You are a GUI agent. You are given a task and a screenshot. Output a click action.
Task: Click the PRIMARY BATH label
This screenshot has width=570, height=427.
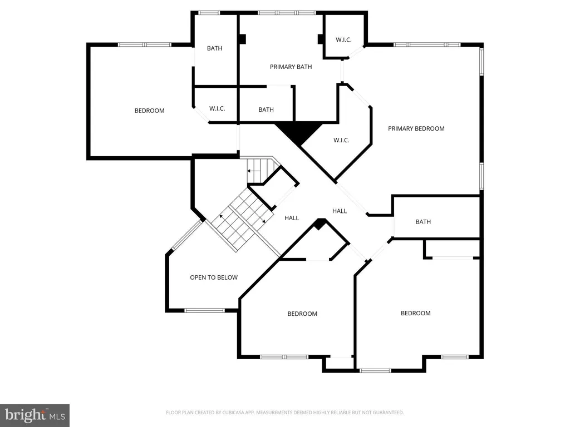(291, 67)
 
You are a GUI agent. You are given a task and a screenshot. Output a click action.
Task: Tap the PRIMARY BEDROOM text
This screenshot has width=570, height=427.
(416, 128)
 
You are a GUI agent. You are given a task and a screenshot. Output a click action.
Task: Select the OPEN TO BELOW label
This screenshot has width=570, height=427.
(214, 277)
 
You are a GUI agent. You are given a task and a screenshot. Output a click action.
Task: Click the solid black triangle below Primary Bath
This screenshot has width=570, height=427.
(298, 133)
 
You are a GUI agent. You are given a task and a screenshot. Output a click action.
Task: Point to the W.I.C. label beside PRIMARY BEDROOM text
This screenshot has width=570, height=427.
(341, 140)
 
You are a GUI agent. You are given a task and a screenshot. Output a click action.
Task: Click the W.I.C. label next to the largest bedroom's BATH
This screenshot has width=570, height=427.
(217, 108)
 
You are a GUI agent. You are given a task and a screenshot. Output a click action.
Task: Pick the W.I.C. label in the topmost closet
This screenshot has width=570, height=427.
(343, 40)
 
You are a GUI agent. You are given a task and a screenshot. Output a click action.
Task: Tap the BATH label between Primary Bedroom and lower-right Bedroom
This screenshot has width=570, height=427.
(423, 222)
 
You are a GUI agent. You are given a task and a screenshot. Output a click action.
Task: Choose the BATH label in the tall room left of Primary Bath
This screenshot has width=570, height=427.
(214, 48)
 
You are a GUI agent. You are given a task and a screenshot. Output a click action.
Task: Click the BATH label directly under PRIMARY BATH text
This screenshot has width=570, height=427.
(266, 110)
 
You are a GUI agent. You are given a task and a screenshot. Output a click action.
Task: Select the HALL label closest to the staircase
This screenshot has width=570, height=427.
(292, 218)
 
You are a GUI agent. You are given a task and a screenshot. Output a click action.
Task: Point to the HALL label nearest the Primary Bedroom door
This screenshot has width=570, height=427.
(340, 211)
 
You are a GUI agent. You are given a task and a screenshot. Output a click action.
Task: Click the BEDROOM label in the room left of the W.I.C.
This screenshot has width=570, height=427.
(149, 111)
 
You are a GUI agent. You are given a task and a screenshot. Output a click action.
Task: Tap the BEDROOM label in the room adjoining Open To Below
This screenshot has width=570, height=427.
(302, 314)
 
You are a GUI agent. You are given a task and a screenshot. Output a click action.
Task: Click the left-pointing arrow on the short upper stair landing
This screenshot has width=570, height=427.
(254, 171)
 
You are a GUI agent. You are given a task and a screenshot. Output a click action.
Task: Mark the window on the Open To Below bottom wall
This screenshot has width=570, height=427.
(204, 310)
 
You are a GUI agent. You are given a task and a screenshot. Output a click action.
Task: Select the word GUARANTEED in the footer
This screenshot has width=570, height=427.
(388, 413)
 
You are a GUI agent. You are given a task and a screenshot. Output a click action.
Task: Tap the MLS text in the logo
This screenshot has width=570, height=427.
(57, 416)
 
